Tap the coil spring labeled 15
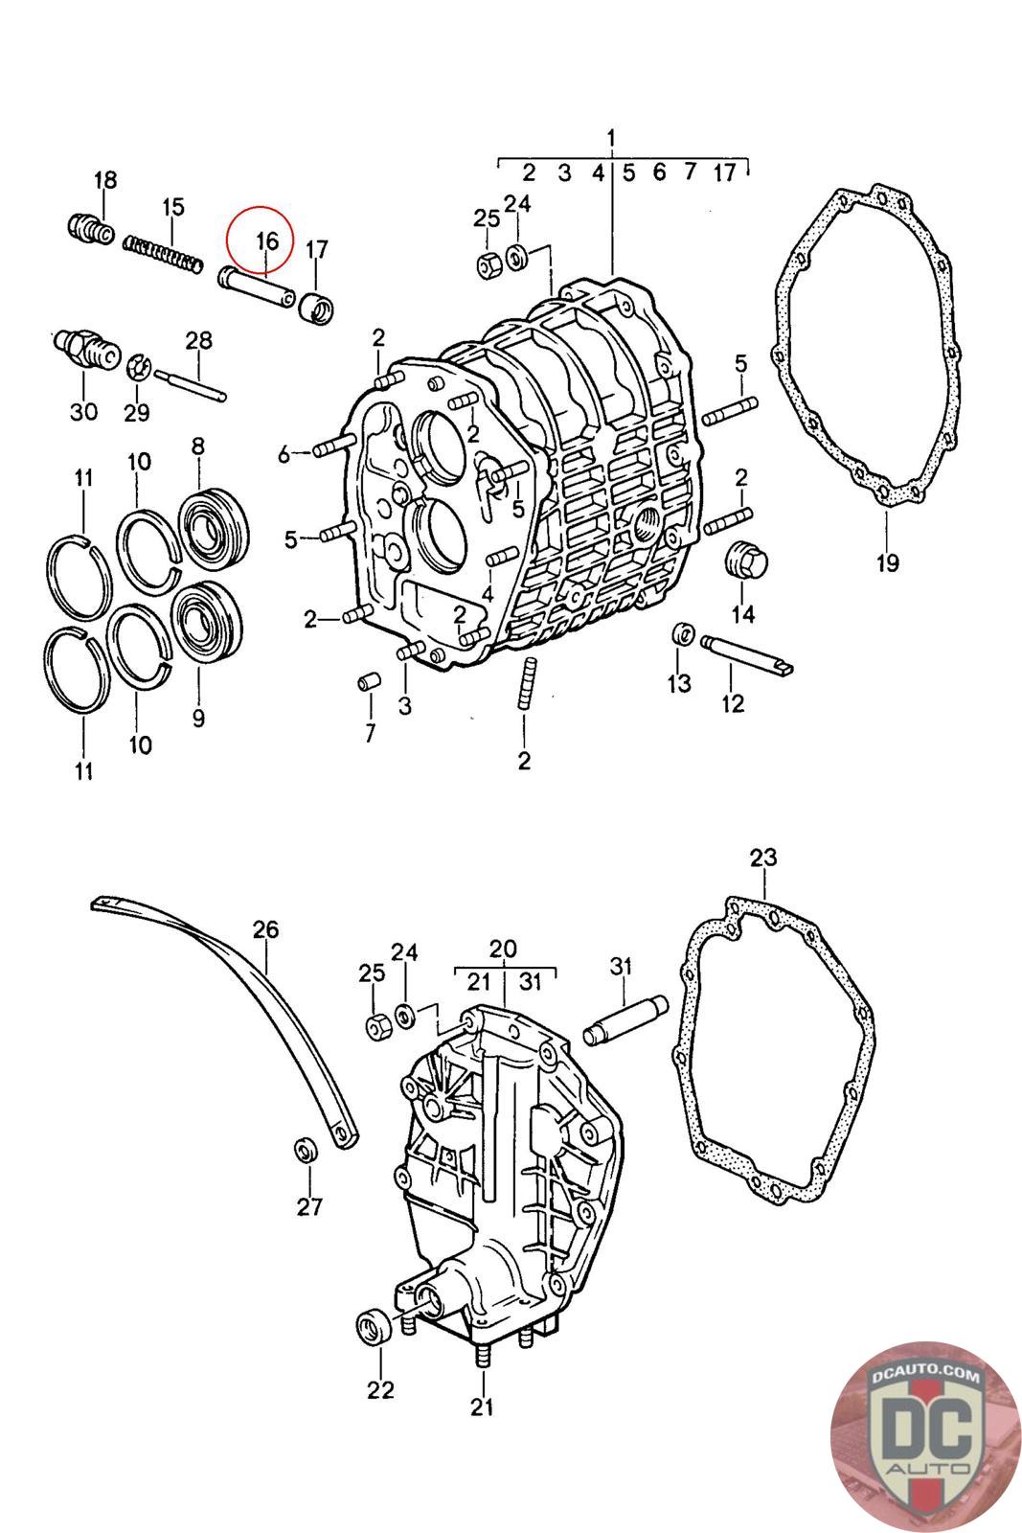(163, 254)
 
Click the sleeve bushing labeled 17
(318, 309)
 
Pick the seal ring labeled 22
(374, 1328)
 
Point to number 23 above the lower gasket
(763, 858)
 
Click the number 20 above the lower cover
(502, 949)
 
